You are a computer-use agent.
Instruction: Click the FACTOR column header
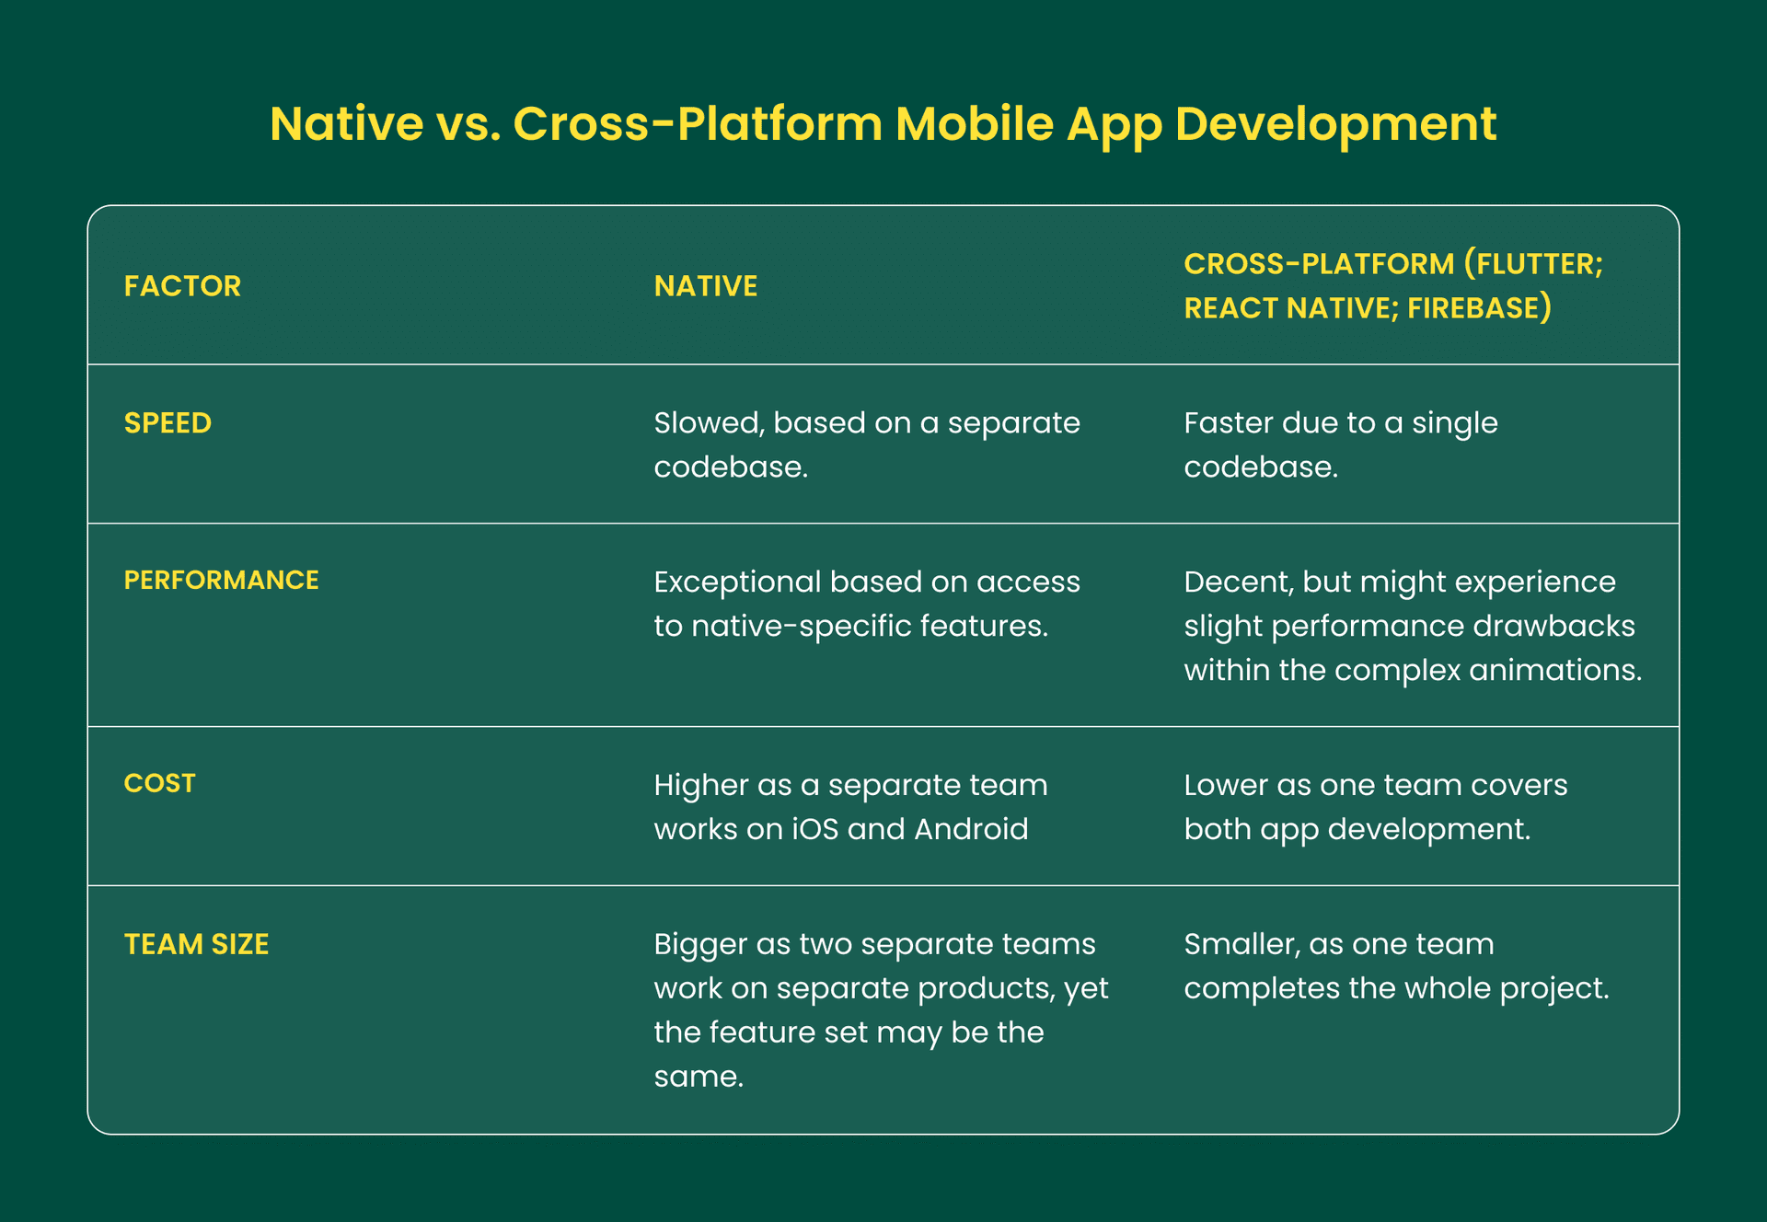(x=182, y=286)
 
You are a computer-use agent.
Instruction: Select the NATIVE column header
(x=706, y=286)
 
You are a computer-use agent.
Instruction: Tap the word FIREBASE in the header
(x=1472, y=308)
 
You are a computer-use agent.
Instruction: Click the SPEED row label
(x=167, y=423)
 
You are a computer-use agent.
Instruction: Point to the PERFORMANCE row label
(x=222, y=580)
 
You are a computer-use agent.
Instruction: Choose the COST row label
(x=160, y=783)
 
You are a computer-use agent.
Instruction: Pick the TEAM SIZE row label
(x=197, y=944)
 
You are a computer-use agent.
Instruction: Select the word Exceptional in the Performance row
(x=737, y=582)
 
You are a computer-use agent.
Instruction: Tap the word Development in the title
(x=1336, y=126)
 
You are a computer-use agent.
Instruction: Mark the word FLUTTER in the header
(x=1536, y=264)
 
